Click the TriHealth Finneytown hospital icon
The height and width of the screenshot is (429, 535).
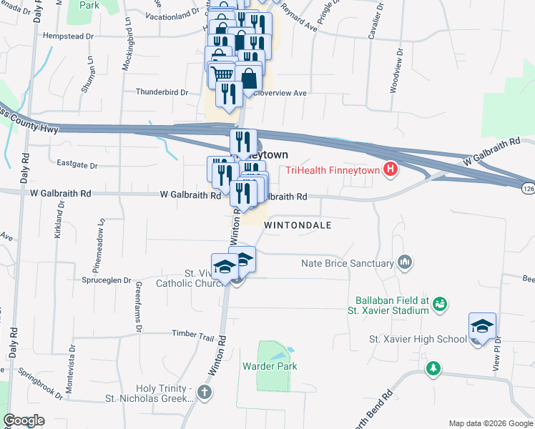(391, 170)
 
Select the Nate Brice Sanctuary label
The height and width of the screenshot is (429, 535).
(348, 263)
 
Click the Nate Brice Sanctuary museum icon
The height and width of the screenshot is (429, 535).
(406, 263)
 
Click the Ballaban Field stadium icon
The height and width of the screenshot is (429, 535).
(441, 305)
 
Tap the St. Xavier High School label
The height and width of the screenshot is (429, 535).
(418, 338)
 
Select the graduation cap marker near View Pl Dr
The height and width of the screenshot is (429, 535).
(483, 327)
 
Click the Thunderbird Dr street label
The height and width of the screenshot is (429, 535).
(162, 92)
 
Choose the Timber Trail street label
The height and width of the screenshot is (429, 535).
(193, 336)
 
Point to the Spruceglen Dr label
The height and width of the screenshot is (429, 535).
(107, 281)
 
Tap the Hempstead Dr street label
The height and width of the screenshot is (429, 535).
(69, 34)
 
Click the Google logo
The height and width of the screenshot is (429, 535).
(24, 420)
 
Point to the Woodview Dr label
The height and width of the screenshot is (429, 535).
(393, 72)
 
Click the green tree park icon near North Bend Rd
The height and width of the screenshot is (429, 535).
(432, 368)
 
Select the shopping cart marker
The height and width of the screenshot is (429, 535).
(223, 74)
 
